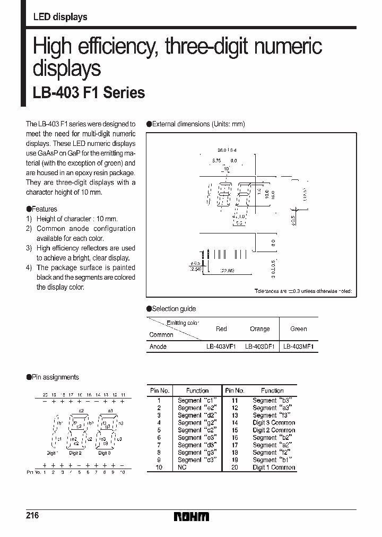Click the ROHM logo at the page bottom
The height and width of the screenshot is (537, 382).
pyautogui.click(x=192, y=516)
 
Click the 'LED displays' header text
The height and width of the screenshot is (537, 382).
pyautogui.click(x=60, y=17)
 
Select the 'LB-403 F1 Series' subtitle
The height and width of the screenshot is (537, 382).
pyautogui.click(x=89, y=92)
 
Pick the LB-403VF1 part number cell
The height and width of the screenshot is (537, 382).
pyautogui.click(x=221, y=347)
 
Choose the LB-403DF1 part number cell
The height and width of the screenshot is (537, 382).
pyautogui.click(x=260, y=347)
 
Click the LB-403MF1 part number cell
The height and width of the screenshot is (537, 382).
pyautogui.click(x=299, y=347)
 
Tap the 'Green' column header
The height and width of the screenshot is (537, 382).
pyautogui.click(x=299, y=329)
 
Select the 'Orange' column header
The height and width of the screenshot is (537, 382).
pyautogui.click(x=260, y=329)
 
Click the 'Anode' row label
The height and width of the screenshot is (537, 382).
pyautogui.click(x=158, y=347)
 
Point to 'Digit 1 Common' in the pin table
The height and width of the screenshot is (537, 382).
pyautogui.click(x=274, y=467)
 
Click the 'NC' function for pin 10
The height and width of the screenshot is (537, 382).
pyautogui.click(x=183, y=467)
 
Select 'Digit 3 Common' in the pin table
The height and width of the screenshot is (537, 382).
pyautogui.click(x=274, y=423)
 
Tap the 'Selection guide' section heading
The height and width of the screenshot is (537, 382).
pyautogui.click(x=173, y=309)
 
